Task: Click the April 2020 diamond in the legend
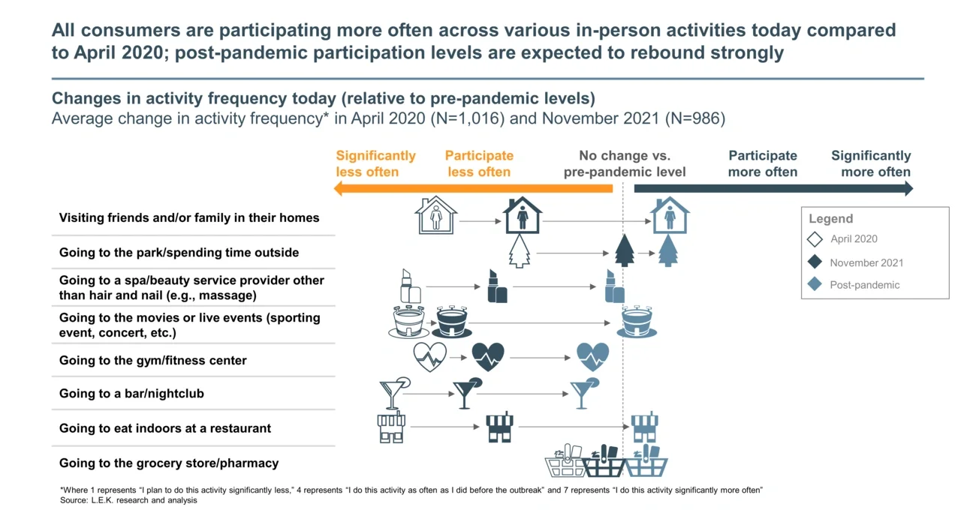(815, 240)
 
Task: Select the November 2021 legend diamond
(815, 262)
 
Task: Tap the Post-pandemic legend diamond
(815, 285)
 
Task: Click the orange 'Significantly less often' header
(375, 163)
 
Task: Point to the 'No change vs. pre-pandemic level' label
(625, 163)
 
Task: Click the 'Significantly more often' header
(871, 163)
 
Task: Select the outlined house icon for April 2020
(436, 216)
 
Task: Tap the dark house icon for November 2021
(523, 216)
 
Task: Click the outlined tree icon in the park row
(520, 251)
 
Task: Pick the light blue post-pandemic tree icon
(667, 250)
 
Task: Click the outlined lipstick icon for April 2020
(406, 286)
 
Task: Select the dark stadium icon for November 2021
(454, 322)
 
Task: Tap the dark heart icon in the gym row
(488, 357)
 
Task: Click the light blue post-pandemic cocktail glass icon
(583, 392)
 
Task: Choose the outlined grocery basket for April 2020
(565, 462)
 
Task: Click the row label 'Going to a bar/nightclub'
(131, 394)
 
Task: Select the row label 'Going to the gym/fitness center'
(153, 361)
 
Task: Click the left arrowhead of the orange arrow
(339, 188)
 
